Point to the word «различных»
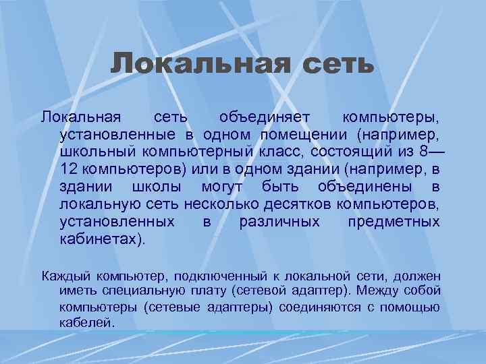click(280, 222)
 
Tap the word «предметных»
click(394, 222)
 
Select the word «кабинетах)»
click(102, 239)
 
